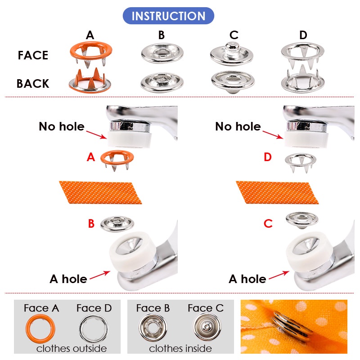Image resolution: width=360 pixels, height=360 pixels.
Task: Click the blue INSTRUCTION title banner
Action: (x=168, y=16)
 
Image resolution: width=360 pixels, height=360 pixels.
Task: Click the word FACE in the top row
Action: (x=33, y=55)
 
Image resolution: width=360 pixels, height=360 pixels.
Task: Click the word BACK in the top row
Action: (x=33, y=84)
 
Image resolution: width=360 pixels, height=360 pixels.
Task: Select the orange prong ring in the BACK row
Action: (x=90, y=81)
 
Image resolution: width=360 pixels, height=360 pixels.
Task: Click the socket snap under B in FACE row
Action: (x=161, y=53)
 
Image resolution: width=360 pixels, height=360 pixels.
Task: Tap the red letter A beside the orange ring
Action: (x=91, y=157)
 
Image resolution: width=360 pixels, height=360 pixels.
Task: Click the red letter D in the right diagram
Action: (x=268, y=157)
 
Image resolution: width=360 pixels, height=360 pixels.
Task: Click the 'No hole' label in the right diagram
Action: (x=238, y=126)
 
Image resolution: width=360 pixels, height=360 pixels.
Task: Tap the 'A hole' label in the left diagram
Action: (x=68, y=279)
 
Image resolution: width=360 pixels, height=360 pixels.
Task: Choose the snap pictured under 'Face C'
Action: (x=206, y=328)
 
